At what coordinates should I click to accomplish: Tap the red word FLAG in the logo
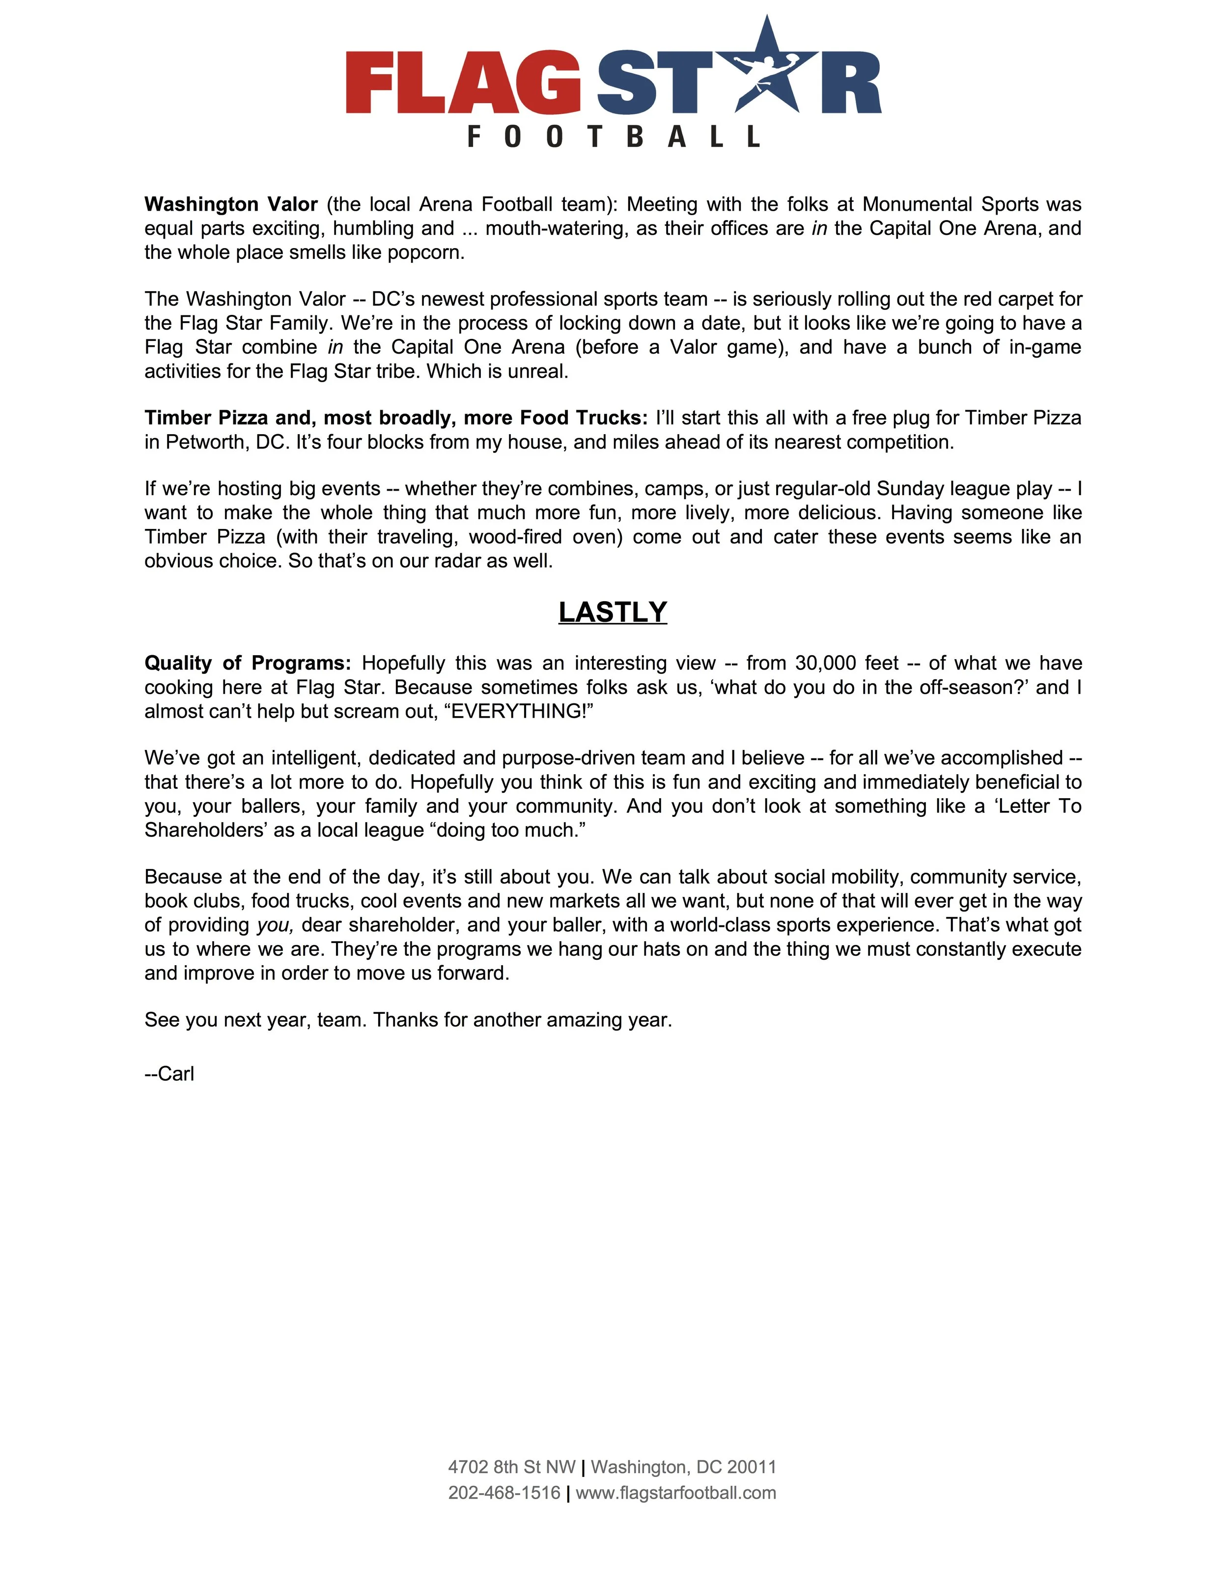463,82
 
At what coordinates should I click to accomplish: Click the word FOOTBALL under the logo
614,136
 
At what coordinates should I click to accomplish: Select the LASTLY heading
613,612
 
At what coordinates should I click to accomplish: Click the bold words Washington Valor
230,204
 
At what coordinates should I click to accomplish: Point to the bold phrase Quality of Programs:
248,663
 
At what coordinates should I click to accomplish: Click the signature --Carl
169,1074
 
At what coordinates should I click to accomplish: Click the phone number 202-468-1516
504,1492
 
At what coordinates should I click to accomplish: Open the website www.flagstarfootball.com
676,1492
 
